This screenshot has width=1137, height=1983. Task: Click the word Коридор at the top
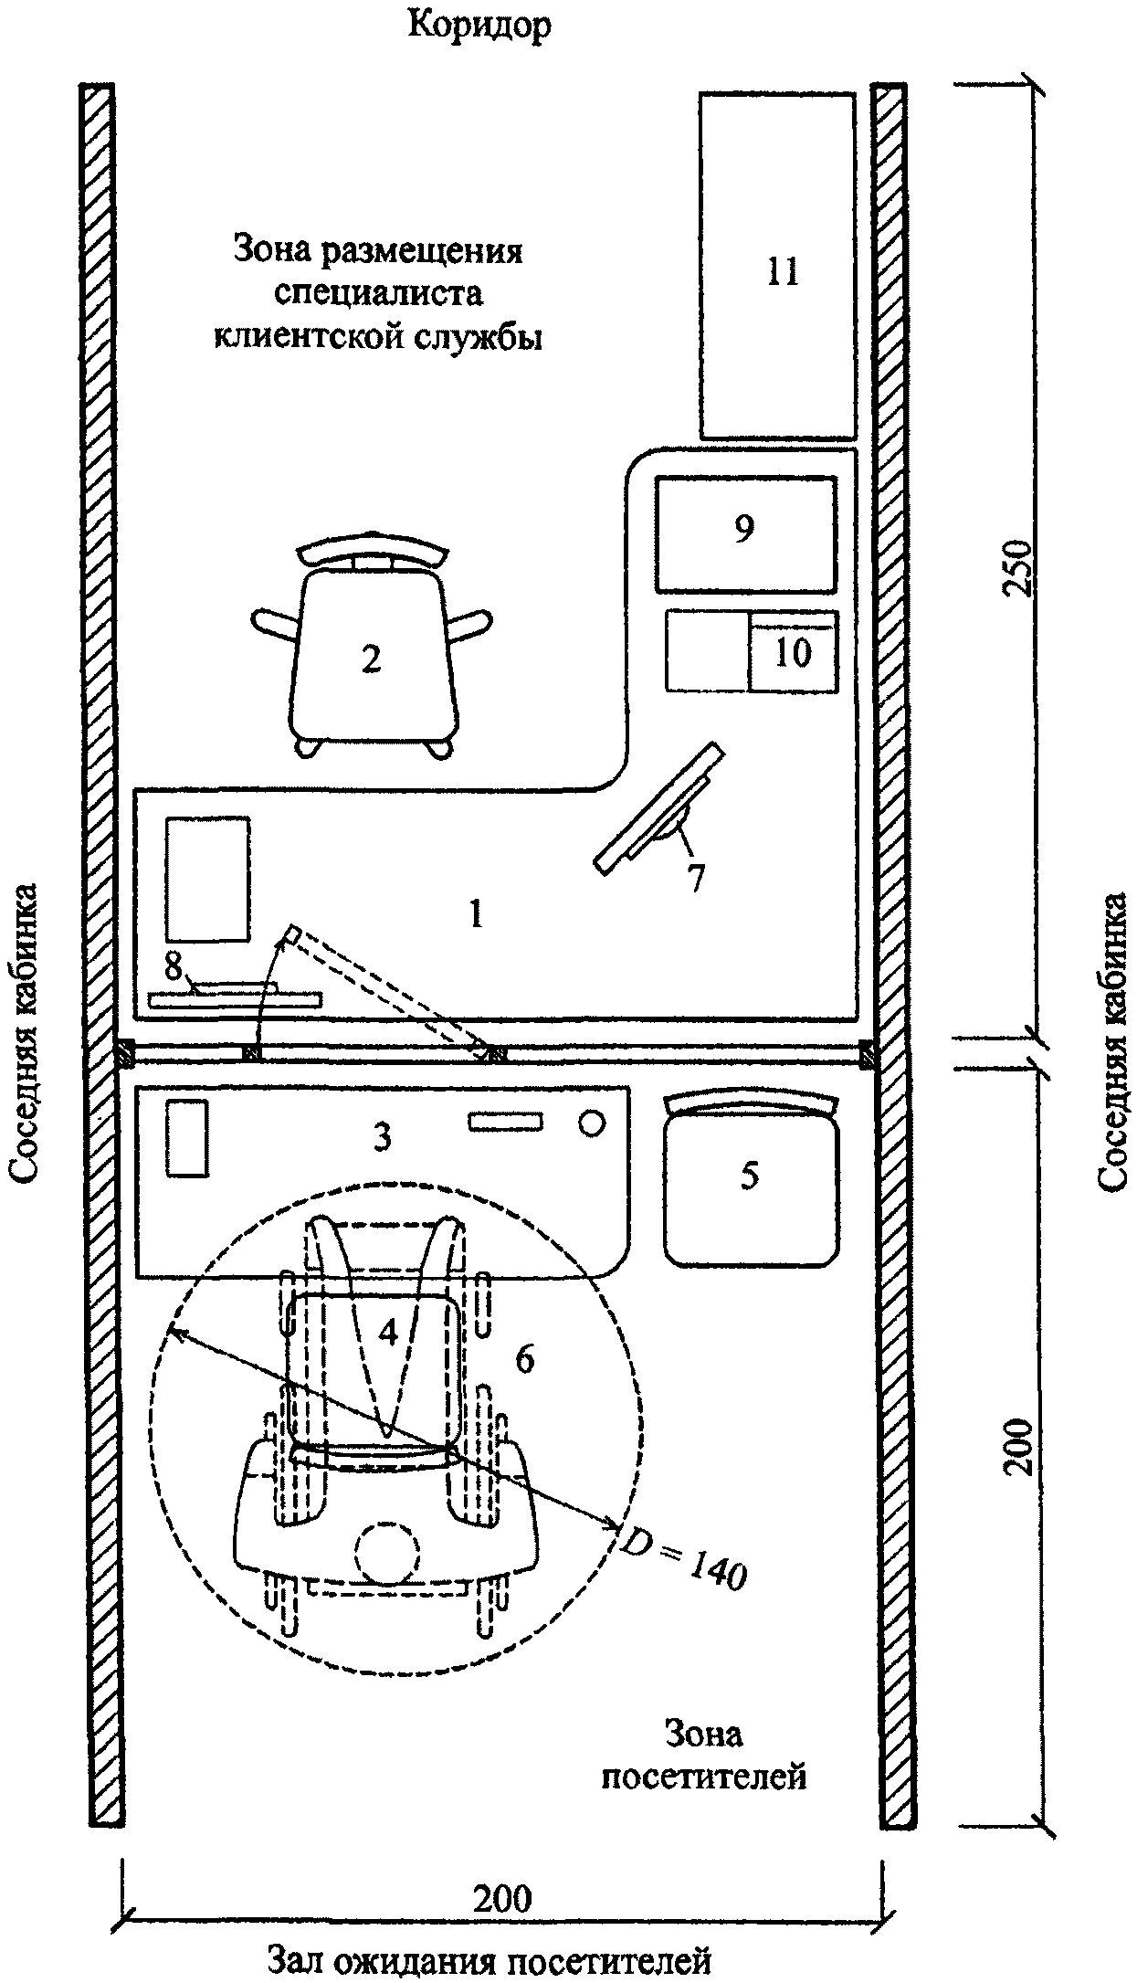pos(479,26)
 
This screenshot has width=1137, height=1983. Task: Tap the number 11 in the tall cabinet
pos(782,271)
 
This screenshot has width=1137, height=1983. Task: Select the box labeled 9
pos(746,533)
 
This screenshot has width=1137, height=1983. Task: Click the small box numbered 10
pos(793,650)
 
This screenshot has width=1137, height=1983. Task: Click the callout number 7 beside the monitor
pos(696,877)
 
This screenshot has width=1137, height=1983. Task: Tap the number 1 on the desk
pos(475,913)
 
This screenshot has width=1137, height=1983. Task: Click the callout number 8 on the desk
pos(174,966)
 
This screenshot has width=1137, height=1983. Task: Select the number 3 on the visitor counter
pos(383,1137)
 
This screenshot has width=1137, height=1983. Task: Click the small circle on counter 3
pos(593,1123)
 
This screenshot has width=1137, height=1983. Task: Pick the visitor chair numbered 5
pos(751,1178)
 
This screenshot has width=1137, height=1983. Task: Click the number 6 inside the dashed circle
pos(524,1359)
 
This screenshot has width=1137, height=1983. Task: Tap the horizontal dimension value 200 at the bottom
pos(501,1899)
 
